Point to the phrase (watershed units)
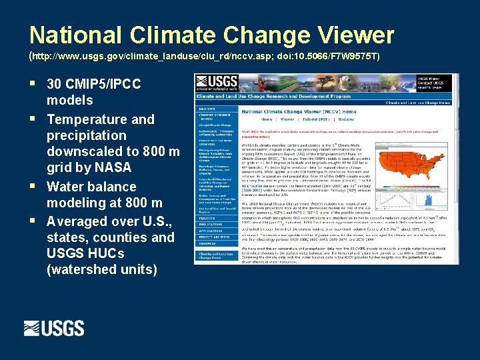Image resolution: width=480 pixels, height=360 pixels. (102, 269)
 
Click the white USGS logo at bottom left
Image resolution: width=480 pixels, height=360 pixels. (54, 328)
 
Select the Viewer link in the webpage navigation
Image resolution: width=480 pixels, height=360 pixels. (287, 119)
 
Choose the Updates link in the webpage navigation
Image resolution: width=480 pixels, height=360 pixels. (347, 119)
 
